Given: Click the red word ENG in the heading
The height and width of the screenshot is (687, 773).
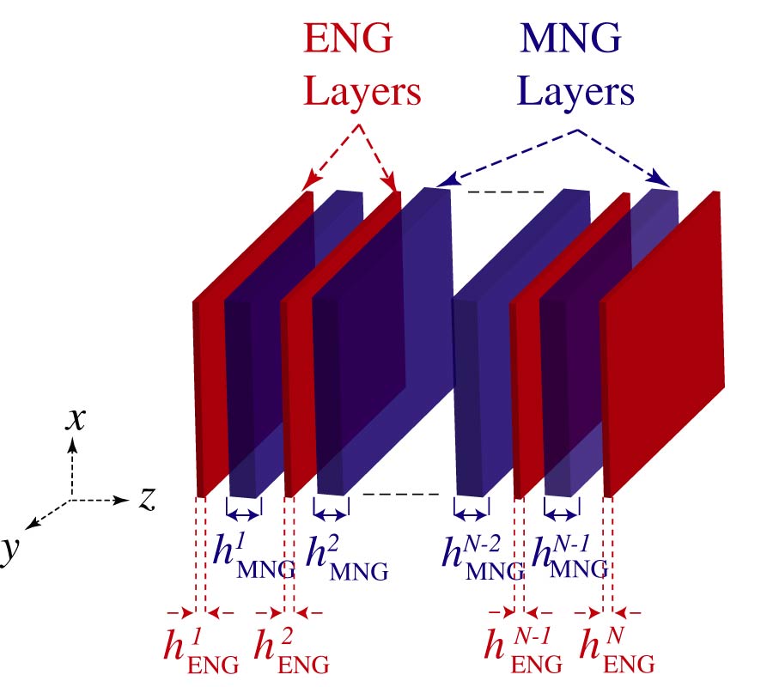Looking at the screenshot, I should point(349,40).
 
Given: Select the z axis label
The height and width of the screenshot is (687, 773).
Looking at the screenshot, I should point(147,497).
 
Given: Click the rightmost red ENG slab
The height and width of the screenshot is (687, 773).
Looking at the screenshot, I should point(666,343).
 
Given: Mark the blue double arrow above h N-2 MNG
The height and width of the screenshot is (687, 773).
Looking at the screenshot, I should point(471,514).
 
